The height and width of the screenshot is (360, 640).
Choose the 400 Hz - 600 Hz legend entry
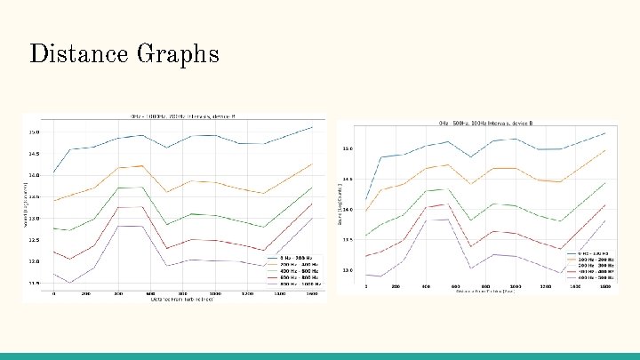coord(296,270)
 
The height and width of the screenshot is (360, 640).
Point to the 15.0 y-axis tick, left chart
coord(34,132)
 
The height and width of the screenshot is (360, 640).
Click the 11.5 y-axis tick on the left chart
coord(34,284)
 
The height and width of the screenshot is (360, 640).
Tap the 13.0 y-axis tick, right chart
coord(348,270)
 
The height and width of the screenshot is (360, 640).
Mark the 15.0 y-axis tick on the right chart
coord(348,149)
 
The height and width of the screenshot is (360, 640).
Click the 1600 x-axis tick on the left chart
coord(312,292)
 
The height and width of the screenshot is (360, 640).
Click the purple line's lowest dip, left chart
coord(70,283)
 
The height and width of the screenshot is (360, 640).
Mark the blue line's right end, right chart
coord(605,133)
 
